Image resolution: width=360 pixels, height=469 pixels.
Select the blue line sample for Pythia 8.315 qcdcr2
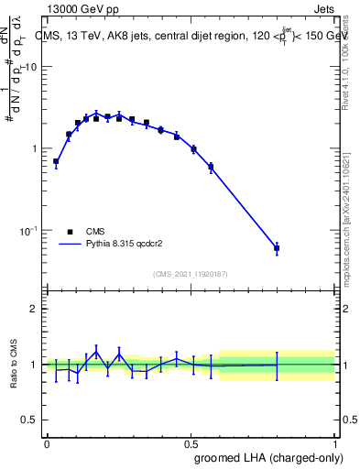(x=71, y=245)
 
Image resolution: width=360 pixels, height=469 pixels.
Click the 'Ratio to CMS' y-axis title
(x=14, y=365)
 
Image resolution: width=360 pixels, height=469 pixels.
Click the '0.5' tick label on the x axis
(x=191, y=443)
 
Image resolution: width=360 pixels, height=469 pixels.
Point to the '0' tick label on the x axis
(x=47, y=443)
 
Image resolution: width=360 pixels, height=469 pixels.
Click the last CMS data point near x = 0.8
(x=277, y=248)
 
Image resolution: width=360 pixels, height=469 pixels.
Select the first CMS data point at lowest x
(x=56, y=161)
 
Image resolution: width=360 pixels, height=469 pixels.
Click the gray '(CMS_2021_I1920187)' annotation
(x=191, y=274)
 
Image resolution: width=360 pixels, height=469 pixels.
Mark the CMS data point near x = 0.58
(x=212, y=167)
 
